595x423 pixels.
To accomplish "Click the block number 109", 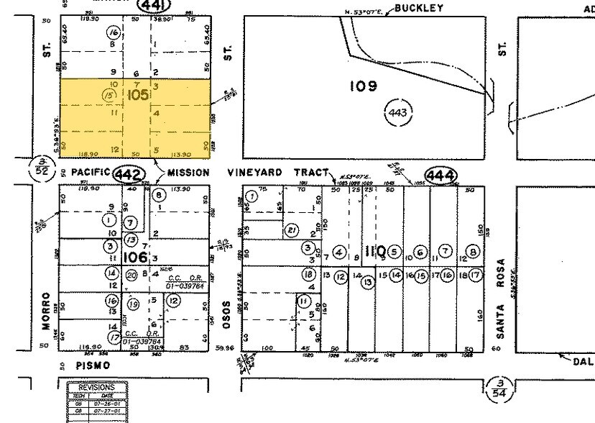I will [363, 86].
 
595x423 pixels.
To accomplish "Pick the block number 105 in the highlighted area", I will [139, 95].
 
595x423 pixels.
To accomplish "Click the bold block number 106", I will [135, 256].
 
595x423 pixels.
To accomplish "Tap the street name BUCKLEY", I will [418, 9].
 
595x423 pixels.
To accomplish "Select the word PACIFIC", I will [90, 173].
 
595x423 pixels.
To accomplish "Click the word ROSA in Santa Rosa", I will [502, 273].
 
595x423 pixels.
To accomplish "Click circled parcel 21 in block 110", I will [291, 230].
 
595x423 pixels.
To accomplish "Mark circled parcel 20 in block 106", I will [131, 274].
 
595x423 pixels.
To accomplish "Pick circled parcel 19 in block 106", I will [133, 304].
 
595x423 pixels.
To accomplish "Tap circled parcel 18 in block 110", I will [308, 274].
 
